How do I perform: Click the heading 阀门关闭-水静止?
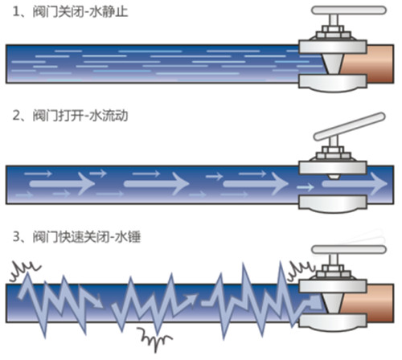click(80, 12)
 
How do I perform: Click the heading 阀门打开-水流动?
click(80, 116)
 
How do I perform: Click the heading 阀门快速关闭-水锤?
click(87, 237)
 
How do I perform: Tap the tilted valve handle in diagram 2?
click(350, 126)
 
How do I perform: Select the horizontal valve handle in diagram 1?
click(349, 10)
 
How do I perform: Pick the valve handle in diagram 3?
click(349, 250)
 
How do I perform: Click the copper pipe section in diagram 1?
click(368, 63)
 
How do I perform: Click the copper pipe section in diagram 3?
click(368, 303)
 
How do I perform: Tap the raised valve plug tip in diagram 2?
click(333, 177)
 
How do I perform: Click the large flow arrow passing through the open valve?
click(355, 184)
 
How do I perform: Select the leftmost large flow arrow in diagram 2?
click(62, 184)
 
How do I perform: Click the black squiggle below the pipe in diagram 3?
click(154, 338)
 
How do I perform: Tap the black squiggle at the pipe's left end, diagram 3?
click(25, 271)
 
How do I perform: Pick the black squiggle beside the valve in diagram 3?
click(301, 271)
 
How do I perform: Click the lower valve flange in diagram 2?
click(333, 204)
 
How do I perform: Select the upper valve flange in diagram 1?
click(333, 46)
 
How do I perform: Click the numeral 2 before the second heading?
click(17, 116)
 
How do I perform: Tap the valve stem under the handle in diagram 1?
click(334, 20)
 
